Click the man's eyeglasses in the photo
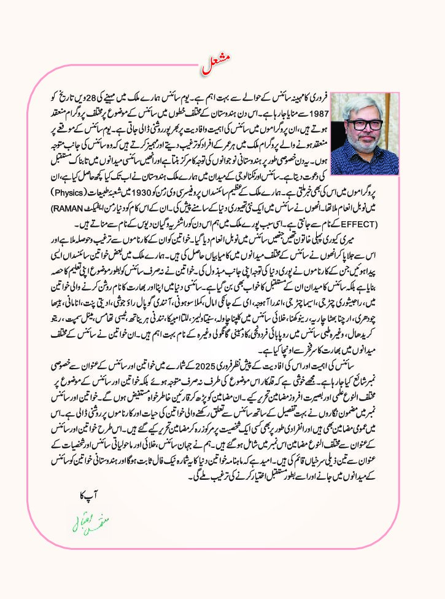[x=363, y=123]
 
